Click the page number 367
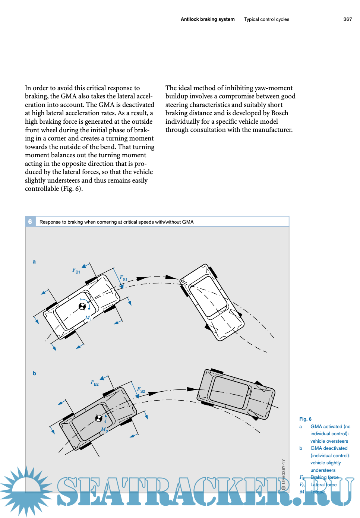click(347, 19)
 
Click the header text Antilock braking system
click(208, 19)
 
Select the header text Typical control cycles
click(266, 19)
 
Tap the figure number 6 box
click(30, 222)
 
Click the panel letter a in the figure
click(34, 262)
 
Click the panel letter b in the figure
click(34, 373)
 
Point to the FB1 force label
click(76, 271)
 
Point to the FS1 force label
click(123, 278)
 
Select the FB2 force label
click(95, 383)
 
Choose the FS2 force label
click(141, 390)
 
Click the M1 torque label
click(88, 318)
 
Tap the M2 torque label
click(104, 430)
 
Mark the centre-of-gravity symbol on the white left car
click(82, 307)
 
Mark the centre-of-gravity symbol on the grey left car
click(99, 418)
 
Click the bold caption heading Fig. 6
click(305, 419)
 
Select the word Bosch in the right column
click(280, 113)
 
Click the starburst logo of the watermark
click(26, 491)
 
